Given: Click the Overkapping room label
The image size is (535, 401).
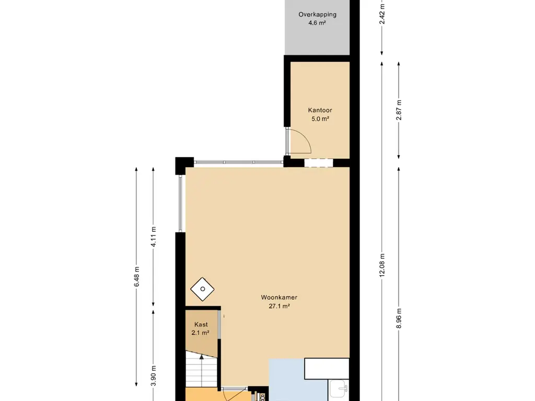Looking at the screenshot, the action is pos(317,14).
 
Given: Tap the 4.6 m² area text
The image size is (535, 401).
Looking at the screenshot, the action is pos(317,23).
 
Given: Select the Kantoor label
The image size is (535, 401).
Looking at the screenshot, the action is pos(320,110).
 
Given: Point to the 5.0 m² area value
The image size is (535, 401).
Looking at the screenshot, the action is pos(320,119).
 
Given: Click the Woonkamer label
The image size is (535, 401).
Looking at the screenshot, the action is pos(279,297).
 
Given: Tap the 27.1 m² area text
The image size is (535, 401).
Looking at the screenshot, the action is pos(280,306).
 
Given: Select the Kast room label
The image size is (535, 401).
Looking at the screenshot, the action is pos(201,325).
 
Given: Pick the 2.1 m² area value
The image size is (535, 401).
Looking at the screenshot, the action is pos(200,333).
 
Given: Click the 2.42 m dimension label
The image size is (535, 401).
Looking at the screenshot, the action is pos(382,14).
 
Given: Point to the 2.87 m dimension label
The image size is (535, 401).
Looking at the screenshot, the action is pos(399,110).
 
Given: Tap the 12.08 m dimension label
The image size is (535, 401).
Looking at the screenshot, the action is pos(382,265).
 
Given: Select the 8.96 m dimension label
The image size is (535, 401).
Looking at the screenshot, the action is pos(399,318).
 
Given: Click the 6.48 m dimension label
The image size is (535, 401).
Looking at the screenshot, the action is pos(136,277).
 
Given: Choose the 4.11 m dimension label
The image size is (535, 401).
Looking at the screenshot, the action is pos(153,237).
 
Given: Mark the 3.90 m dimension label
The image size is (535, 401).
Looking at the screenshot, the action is pos(153,375).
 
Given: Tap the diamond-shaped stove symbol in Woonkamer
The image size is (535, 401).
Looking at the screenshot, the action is pos(202,289).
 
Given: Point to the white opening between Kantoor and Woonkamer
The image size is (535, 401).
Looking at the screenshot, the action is pos(318,163).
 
